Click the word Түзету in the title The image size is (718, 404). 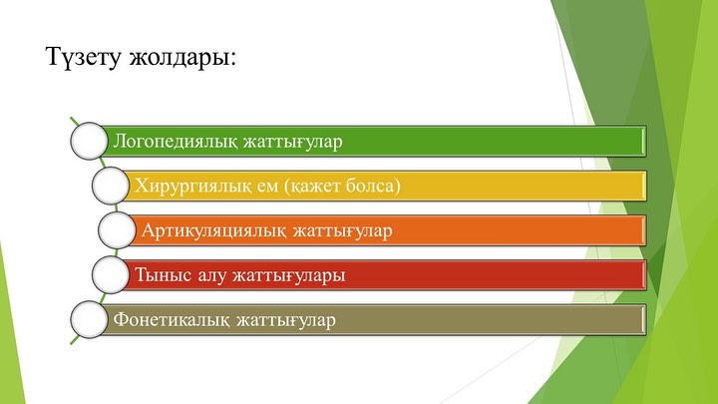(84, 58)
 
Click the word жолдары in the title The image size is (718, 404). (179, 58)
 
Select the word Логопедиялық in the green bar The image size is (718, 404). (176, 142)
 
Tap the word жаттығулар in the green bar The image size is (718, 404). (292, 142)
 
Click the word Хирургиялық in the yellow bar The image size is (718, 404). (193, 186)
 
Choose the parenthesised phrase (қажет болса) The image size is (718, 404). (342, 186)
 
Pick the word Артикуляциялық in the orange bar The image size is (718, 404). (214, 230)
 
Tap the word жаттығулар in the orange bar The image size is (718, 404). (342, 230)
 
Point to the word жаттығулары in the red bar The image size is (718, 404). (289, 275)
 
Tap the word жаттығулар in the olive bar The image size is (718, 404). (286, 320)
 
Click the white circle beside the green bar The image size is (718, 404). (89, 141)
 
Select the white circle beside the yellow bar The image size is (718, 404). (111, 186)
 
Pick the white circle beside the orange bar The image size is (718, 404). (117, 230)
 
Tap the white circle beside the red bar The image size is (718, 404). (111, 275)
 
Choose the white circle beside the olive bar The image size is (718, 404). (89, 320)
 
